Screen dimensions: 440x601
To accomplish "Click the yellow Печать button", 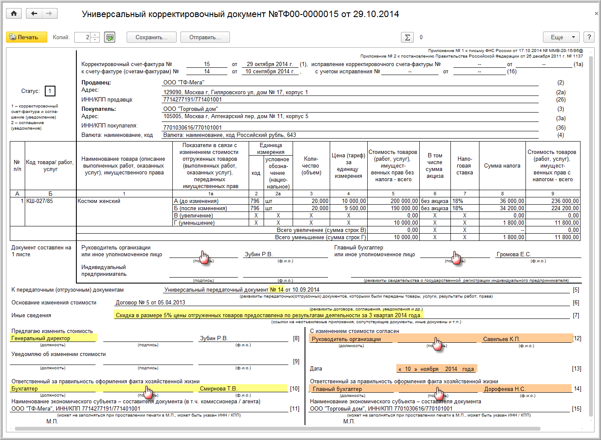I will pos(23,38).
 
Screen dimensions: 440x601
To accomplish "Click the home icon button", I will pos(14,14).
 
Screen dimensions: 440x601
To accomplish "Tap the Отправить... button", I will pos(205,38).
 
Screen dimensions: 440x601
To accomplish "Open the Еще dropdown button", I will pos(561,38).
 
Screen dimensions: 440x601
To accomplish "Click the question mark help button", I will pos(589,38).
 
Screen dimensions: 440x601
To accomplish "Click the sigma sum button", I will pos(407,38).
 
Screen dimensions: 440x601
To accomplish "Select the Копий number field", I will pos(83,38).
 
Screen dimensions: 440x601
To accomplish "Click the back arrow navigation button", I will pos(34,14).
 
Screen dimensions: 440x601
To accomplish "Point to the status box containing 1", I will pos(50,91).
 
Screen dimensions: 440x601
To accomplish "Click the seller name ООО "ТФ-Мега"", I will pos(184,82).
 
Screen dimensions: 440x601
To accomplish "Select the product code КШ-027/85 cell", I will pos(40,201).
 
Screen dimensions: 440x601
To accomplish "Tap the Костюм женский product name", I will pos(99,201).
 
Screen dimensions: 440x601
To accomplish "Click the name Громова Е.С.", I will pos(514,255).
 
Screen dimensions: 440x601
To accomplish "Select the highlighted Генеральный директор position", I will pos(41,339).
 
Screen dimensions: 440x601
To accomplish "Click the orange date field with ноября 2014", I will pos(436,369).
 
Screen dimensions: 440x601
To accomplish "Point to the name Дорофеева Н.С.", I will pos(505,389).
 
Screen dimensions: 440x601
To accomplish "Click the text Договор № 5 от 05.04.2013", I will pos(151,303).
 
